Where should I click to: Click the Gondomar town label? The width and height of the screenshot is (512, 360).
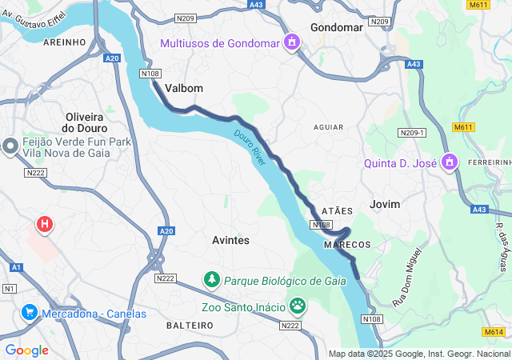tap(336, 27)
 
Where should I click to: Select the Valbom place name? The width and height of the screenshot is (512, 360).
tap(184, 88)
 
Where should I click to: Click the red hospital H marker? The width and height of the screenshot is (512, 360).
tap(45, 225)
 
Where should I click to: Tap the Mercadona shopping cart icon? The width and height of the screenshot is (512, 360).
tap(30, 312)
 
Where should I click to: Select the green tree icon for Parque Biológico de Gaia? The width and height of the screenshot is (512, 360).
tap(212, 280)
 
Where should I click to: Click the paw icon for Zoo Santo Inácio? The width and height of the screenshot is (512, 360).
tap(298, 305)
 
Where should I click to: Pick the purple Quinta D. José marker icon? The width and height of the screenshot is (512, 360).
tap(450, 162)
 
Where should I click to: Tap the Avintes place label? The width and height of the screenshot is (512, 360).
tap(230, 240)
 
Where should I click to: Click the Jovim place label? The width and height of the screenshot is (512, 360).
tap(385, 204)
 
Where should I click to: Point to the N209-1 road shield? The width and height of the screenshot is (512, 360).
tap(412, 132)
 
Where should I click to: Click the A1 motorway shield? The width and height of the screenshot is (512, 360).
tap(17, 267)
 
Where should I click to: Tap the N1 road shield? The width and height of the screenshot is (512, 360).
tap(10, 288)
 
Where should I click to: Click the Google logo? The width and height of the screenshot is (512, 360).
tap(26, 350)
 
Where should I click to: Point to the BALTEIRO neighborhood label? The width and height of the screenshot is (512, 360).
tap(190, 326)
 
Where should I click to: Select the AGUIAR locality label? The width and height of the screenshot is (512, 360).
tap(329, 127)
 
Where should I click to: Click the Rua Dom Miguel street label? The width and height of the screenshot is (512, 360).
tap(406, 289)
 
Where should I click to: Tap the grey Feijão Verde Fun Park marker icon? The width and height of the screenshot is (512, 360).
tap(10, 146)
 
